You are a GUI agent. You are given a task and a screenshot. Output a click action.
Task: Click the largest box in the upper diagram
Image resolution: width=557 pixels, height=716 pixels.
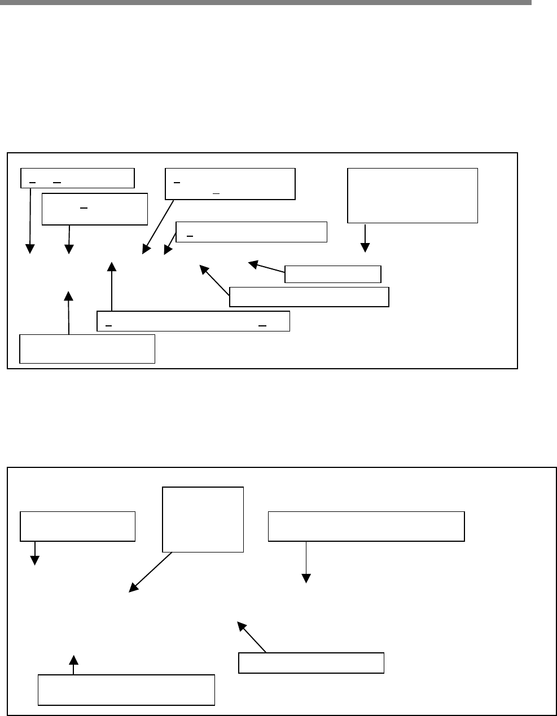tap(413, 195)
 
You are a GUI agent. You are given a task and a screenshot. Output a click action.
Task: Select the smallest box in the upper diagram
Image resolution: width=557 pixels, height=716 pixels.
tap(333, 274)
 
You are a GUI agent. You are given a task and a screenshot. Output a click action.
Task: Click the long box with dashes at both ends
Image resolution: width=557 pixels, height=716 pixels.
tap(193, 320)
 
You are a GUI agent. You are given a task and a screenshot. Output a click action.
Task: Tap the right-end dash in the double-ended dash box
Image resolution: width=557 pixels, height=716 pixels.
tap(262, 326)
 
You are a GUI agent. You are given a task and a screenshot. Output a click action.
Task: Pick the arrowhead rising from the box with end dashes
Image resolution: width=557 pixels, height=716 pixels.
tap(112, 266)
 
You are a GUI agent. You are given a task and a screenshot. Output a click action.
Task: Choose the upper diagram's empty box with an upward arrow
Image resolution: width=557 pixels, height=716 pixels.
tap(87, 348)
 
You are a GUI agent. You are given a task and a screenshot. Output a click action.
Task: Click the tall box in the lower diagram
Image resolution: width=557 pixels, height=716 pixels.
tap(203, 519)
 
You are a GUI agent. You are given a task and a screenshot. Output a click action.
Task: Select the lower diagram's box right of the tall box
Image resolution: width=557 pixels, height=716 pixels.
tap(366, 526)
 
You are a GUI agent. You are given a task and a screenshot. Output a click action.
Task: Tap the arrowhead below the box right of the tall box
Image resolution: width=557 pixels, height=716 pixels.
tap(306, 578)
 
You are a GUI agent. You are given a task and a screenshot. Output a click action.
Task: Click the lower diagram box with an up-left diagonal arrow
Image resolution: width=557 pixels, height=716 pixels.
tap(311, 662)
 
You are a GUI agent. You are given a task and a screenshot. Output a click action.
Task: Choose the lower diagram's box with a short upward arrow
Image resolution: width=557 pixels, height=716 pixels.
tap(126, 689)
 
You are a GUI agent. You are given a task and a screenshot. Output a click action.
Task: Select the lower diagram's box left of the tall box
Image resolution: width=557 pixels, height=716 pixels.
tap(77, 526)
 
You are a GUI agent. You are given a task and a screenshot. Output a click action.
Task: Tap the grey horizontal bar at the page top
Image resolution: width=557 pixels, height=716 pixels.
tap(265, 2)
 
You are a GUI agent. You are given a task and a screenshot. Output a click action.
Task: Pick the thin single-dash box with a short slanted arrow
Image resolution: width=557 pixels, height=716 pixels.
tap(251, 232)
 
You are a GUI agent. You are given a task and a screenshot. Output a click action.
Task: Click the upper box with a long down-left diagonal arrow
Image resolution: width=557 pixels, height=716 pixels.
tap(230, 183)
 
